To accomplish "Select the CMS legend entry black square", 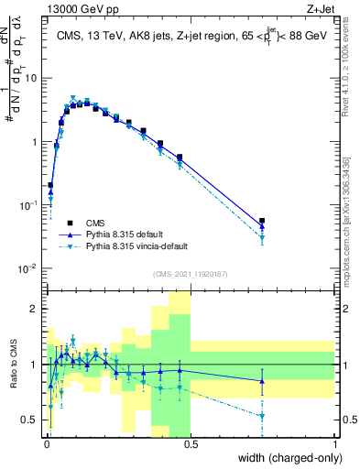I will click(x=70, y=222).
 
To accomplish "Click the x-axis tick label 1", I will click(x=335, y=442).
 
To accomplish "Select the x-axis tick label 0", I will click(x=46, y=442).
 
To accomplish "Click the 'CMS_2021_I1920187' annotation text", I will click(x=190, y=274).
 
